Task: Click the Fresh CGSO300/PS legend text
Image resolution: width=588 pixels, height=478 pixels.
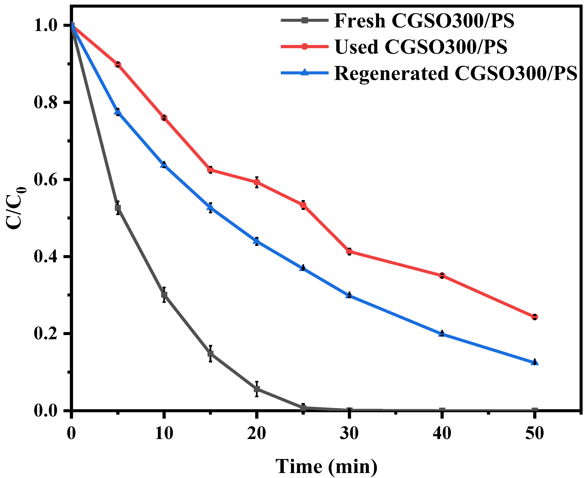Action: click(x=424, y=21)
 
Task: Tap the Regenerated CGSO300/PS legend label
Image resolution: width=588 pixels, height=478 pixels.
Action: click(x=455, y=74)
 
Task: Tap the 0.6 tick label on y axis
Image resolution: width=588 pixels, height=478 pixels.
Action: click(x=45, y=180)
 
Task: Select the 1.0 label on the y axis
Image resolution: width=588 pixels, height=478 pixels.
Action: click(x=45, y=25)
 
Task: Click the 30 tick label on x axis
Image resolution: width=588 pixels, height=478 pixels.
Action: click(x=349, y=433)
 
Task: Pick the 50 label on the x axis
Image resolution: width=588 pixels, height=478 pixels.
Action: click(x=534, y=433)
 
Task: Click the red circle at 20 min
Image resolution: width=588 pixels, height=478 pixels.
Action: click(x=257, y=182)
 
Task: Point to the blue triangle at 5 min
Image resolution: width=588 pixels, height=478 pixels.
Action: click(x=118, y=112)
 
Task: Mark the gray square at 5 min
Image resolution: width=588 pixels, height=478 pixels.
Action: click(x=118, y=208)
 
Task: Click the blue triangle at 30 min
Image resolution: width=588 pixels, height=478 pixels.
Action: click(x=349, y=295)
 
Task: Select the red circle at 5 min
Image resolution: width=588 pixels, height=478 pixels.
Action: click(x=118, y=64)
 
